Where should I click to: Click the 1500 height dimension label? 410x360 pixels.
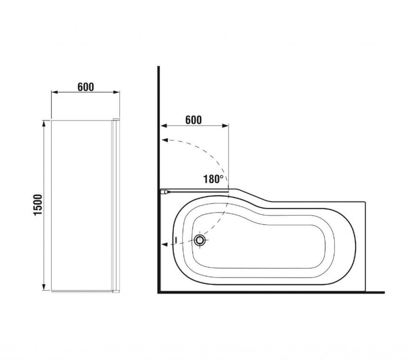click(38, 205)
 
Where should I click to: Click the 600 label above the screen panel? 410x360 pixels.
click(86, 87)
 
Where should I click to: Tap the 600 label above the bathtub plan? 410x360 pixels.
click(193, 120)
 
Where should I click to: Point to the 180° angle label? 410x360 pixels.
click(213, 179)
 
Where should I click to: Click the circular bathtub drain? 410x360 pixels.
click(200, 240)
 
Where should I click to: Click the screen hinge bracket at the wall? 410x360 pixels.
click(165, 192)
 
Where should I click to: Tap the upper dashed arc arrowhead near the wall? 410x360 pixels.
click(165, 140)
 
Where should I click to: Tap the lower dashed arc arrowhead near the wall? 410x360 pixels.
click(165, 244)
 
